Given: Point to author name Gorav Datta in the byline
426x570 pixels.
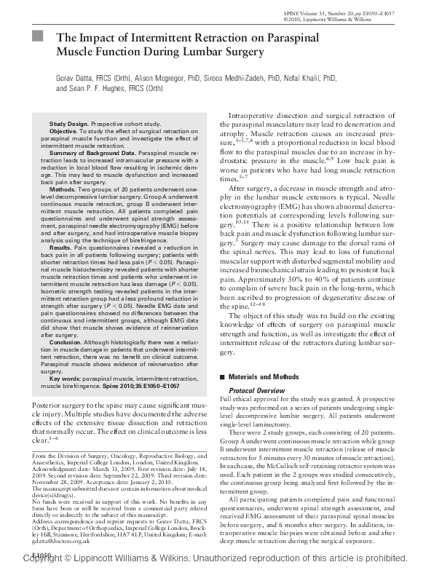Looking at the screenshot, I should (77, 75).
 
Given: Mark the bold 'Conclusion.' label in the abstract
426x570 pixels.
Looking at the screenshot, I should (66, 341).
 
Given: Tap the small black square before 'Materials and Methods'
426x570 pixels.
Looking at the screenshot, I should (223, 377).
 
